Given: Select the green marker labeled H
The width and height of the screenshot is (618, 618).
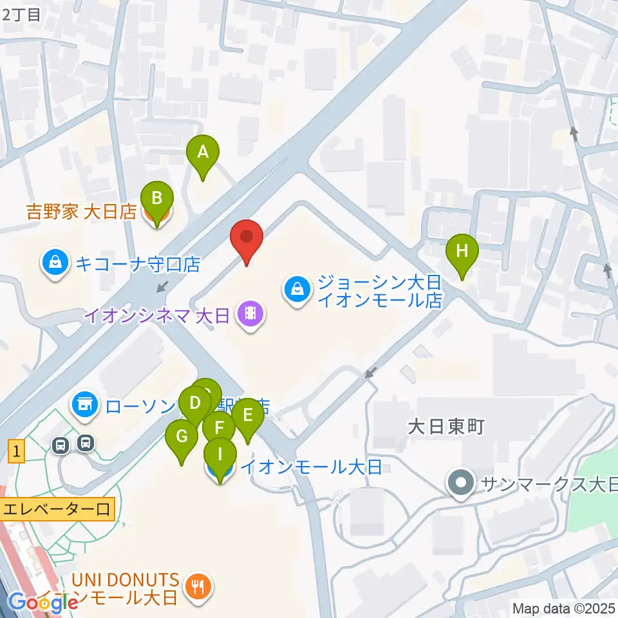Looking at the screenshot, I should (x=462, y=252).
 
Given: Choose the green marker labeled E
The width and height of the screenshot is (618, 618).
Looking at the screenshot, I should (x=247, y=416).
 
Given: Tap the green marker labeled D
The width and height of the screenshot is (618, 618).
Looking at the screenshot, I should (x=195, y=406).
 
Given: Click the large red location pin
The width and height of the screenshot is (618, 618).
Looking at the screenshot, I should (x=247, y=238).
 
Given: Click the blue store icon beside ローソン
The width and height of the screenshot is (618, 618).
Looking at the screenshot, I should (x=84, y=404).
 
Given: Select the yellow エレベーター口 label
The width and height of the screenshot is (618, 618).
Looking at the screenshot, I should (x=58, y=510).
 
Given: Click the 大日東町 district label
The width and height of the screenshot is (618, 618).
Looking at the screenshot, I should (x=445, y=427).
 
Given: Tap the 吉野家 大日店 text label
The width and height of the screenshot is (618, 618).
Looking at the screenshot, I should (x=81, y=211).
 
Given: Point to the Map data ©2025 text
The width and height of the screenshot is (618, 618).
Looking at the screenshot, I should (x=563, y=608).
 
